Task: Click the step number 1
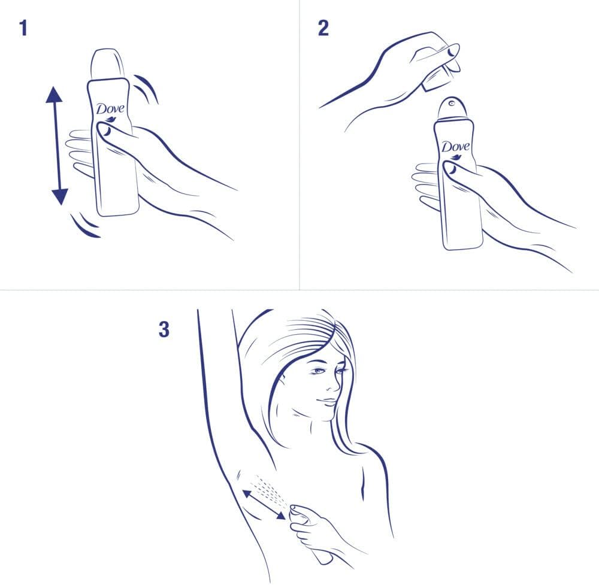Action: (x=23, y=28)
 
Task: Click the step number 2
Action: (x=323, y=28)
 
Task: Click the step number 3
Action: (x=164, y=330)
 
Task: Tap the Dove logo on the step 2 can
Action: (x=456, y=147)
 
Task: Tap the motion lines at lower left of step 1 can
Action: (x=84, y=226)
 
